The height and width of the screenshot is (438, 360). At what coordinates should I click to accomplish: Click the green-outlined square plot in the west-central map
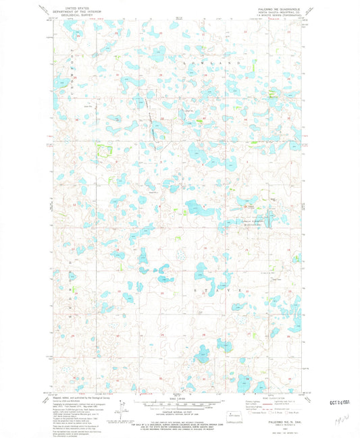coord(105,150)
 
